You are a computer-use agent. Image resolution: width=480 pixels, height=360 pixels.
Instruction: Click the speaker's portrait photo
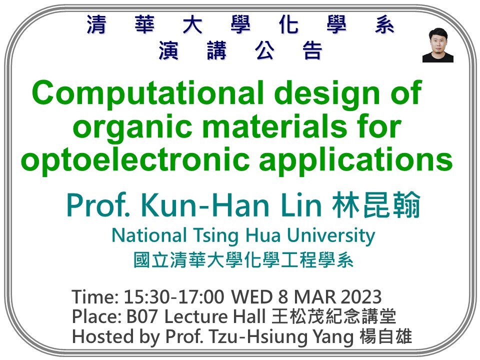[437, 45]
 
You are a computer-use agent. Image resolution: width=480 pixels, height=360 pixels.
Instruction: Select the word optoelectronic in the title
[128, 160]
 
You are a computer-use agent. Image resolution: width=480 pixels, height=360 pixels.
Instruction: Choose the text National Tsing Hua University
[243, 235]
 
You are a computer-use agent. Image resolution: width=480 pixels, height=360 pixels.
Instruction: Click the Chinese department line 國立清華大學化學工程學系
[243, 260]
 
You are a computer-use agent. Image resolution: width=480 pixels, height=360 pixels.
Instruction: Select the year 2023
[361, 297]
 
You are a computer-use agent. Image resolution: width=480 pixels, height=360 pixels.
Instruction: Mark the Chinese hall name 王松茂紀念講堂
[334, 317]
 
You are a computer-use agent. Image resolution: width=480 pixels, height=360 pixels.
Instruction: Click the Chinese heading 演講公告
[240, 51]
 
